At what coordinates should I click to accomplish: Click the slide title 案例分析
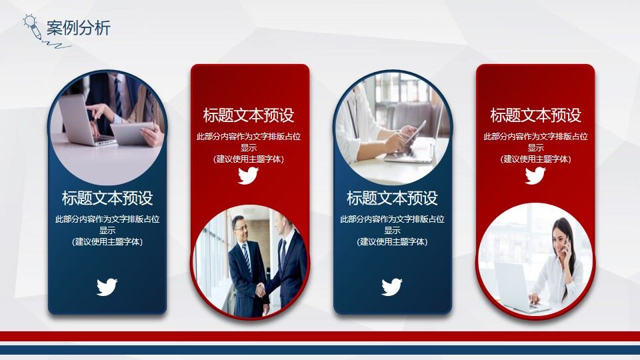click(x=78, y=28)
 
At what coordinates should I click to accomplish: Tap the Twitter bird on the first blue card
click(x=107, y=287)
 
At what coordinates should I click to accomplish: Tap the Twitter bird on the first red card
click(x=248, y=176)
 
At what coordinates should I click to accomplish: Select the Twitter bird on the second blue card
click(x=392, y=287)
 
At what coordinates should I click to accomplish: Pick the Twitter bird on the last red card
click(x=535, y=176)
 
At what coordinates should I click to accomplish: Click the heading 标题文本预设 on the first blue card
click(x=107, y=198)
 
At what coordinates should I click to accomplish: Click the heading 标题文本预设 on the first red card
click(x=248, y=115)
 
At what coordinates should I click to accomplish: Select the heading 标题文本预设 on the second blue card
click(x=392, y=198)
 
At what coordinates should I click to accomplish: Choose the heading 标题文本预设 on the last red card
click(x=535, y=115)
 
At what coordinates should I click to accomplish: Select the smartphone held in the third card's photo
click(x=415, y=131)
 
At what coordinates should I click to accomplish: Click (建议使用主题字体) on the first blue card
click(x=107, y=242)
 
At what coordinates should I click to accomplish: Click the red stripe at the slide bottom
click(x=320, y=336)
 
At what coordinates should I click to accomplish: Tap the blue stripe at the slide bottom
click(x=320, y=349)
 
